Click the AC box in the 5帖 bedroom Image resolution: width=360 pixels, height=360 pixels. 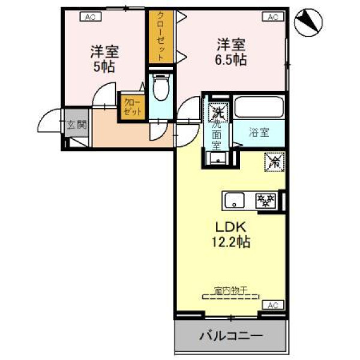91,17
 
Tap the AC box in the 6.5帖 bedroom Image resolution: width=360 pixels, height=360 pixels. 273,17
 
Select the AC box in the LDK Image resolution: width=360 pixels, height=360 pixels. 273,305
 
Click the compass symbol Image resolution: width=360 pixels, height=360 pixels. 308,22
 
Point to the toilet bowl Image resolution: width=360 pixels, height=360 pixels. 160,88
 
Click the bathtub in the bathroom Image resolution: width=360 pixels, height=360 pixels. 259,107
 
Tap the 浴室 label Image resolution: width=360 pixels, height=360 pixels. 259,132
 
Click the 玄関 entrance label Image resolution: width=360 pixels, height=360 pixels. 77,125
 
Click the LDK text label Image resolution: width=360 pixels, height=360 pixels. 230,227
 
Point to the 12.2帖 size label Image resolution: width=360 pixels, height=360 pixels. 230,242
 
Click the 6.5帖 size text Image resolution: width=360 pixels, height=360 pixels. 230,59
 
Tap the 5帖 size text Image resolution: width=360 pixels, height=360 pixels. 104,67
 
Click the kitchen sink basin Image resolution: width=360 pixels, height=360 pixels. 235,200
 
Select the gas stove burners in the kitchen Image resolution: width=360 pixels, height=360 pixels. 266,200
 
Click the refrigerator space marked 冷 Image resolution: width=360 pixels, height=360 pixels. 274,162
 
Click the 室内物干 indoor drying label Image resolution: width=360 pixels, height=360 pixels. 230,290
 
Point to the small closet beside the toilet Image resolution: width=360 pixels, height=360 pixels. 133,107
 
